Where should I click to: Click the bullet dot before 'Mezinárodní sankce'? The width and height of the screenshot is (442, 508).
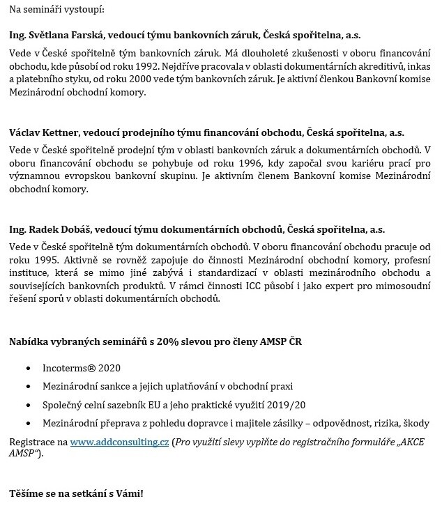click(27, 386)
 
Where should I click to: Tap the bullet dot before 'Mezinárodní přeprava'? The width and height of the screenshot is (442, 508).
click(27, 423)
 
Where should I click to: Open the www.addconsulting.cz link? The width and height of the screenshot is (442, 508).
click(119, 442)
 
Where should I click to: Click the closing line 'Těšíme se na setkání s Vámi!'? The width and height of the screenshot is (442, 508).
click(76, 493)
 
